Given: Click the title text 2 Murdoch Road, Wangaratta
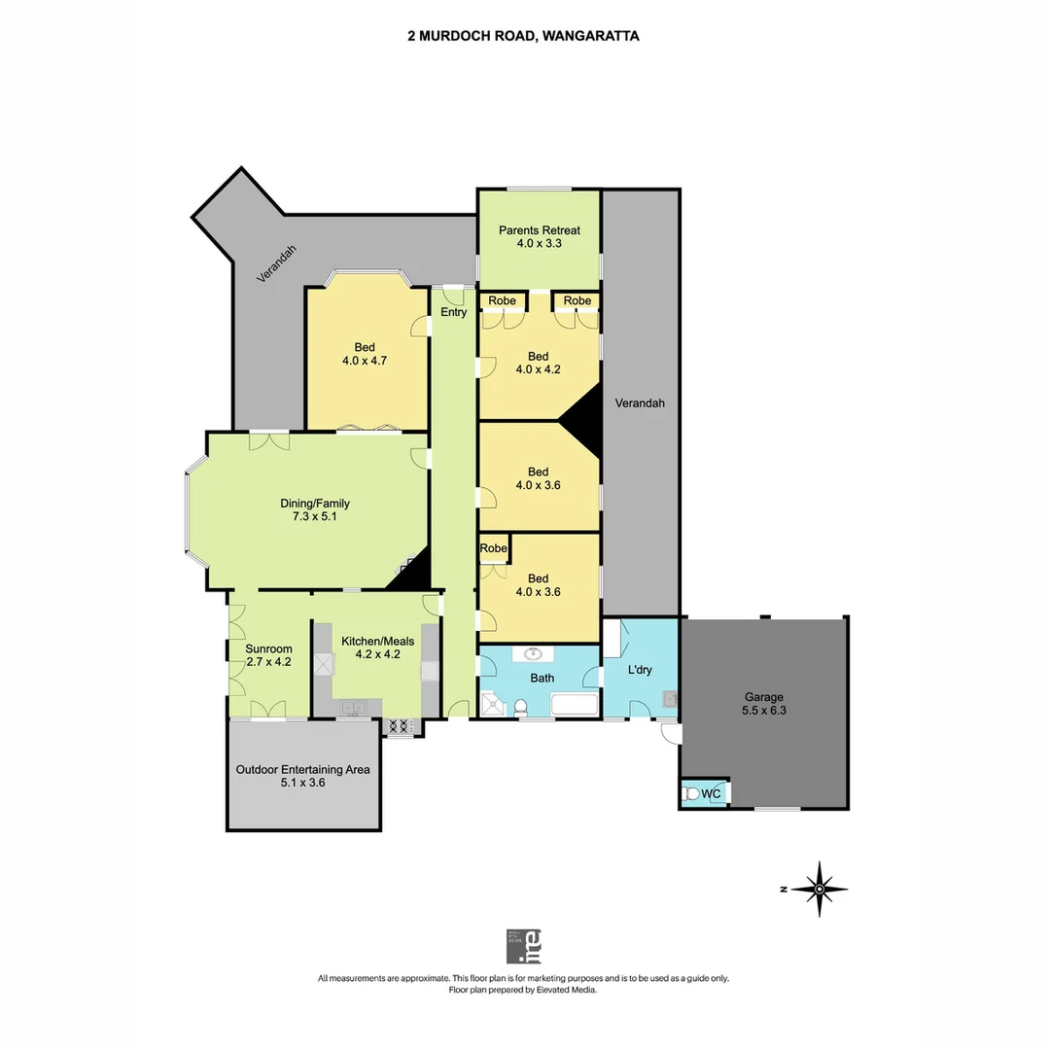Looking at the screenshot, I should pos(523,36).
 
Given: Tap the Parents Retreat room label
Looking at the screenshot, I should pos(540,237).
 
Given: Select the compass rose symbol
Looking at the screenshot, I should pos(820,889).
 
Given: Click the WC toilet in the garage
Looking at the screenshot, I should pos(692,794).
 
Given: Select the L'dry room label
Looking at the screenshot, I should pos(640,671).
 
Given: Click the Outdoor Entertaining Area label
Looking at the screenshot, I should pos(303,775).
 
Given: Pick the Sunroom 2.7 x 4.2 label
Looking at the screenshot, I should pos(268,655).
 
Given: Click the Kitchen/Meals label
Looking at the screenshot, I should pos(377,647).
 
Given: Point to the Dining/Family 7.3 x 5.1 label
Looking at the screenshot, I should pos(315,510).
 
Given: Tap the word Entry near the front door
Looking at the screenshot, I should pos(454,312).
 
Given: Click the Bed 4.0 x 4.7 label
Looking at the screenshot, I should pos(365,354).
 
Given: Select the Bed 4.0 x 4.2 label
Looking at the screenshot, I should pos(539,363).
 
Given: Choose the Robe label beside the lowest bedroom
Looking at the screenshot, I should pos(494,548).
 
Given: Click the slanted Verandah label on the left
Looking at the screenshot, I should pos(277,263).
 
